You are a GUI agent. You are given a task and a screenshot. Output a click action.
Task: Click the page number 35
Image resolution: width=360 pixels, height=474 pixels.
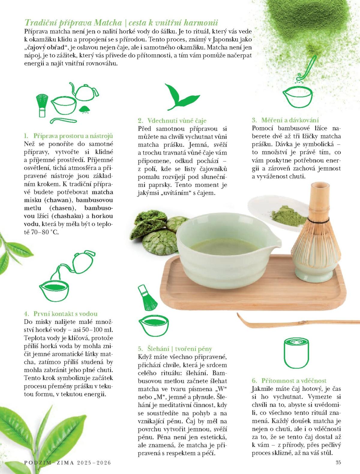tap(338, 462)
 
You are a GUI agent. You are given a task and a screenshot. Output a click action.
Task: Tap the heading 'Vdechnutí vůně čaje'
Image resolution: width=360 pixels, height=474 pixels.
tap(177, 120)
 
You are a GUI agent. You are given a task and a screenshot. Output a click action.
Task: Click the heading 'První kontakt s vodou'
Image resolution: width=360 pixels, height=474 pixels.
tap(65, 314)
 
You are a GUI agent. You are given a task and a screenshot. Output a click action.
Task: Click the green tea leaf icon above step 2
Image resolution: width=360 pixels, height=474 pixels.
tap(182, 97)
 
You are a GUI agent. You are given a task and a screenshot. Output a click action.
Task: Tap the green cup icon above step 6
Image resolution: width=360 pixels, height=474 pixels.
tap(296, 353)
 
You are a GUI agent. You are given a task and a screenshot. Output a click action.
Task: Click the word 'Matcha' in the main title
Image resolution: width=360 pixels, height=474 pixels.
tap(108, 23)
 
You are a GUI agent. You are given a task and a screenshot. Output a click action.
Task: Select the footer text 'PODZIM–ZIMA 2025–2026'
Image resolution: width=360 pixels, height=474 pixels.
tap(67, 462)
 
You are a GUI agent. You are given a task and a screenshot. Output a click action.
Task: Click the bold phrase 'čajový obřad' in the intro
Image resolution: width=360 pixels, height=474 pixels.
tap(46, 47)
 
